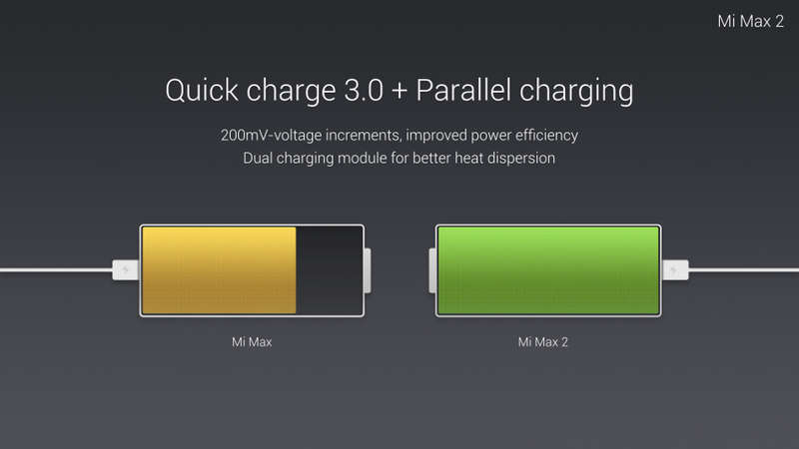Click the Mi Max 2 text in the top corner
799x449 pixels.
(x=751, y=21)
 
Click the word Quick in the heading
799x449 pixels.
(x=202, y=91)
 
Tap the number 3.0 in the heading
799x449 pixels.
(x=364, y=90)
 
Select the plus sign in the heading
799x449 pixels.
(x=399, y=91)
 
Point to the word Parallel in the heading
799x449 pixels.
(x=463, y=90)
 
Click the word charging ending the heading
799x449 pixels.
(x=576, y=92)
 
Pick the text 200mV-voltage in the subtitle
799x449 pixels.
(x=271, y=136)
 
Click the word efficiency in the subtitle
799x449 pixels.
(x=546, y=136)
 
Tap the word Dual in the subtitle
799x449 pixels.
(x=258, y=158)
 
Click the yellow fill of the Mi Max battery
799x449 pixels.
(x=219, y=270)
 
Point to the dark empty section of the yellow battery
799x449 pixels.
(x=329, y=270)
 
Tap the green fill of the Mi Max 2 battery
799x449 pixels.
(x=548, y=270)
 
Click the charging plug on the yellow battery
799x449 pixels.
(x=126, y=269)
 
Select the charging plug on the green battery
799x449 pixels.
(x=676, y=269)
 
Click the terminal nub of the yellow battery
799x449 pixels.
(x=368, y=270)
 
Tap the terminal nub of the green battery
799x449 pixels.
(x=432, y=270)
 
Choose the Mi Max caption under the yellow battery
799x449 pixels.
(x=252, y=342)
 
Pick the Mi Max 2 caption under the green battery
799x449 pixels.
(x=542, y=342)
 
